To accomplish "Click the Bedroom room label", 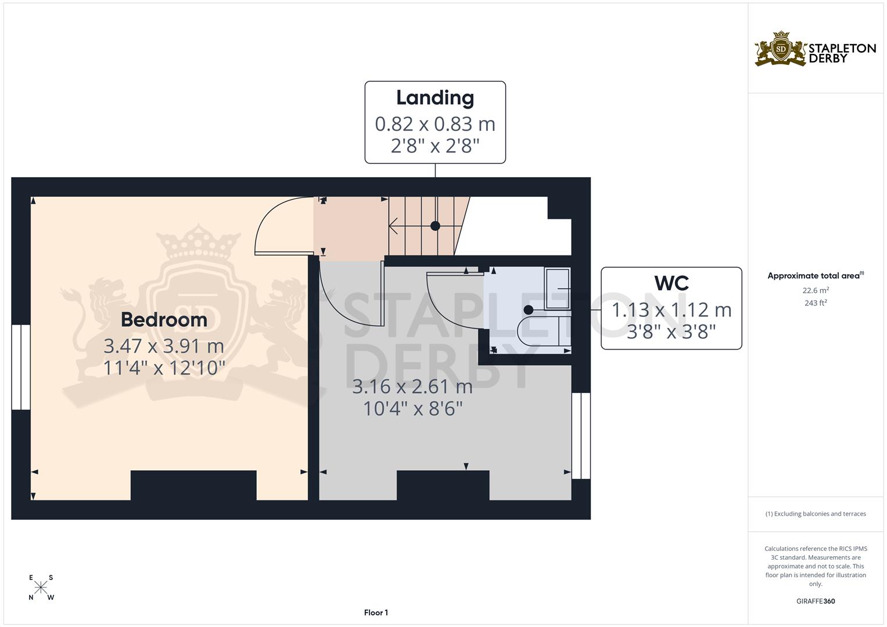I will click(164, 320).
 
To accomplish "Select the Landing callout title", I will click(435, 98).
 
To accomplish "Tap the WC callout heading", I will click(671, 283).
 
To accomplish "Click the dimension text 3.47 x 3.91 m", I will click(164, 346).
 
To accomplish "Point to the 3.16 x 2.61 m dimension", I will click(412, 386).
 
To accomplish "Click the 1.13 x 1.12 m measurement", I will click(671, 310).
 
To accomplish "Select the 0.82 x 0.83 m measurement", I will click(435, 124).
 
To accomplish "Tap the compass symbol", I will click(41, 588).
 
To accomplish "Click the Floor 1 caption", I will click(376, 612).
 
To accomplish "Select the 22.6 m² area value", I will click(816, 290).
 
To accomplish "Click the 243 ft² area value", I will click(816, 303).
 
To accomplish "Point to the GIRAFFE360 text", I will click(816, 601).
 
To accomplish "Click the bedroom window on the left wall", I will click(21, 367).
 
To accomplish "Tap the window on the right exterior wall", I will click(581, 436).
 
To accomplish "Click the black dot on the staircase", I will click(435, 226).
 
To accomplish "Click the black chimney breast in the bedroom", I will click(193, 485).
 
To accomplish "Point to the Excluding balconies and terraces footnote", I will click(816, 514).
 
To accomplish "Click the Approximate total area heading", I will click(816, 276).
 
